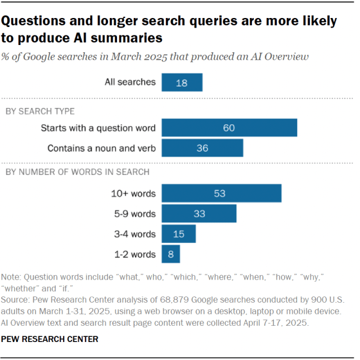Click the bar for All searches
[x=182, y=82]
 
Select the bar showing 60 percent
[x=229, y=128]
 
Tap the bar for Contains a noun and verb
[x=202, y=148]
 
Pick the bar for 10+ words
[x=221, y=193]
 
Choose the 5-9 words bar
[x=199, y=214]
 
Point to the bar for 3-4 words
[x=178, y=234]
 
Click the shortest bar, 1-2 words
[x=170, y=254]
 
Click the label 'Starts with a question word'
[x=98, y=128]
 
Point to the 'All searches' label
[x=130, y=82]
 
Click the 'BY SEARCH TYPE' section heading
[x=40, y=111]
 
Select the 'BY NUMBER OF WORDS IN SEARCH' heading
[x=77, y=172]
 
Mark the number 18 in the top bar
[x=181, y=82]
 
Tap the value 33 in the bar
[x=199, y=214]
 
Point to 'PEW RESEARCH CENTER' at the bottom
[x=50, y=339]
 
